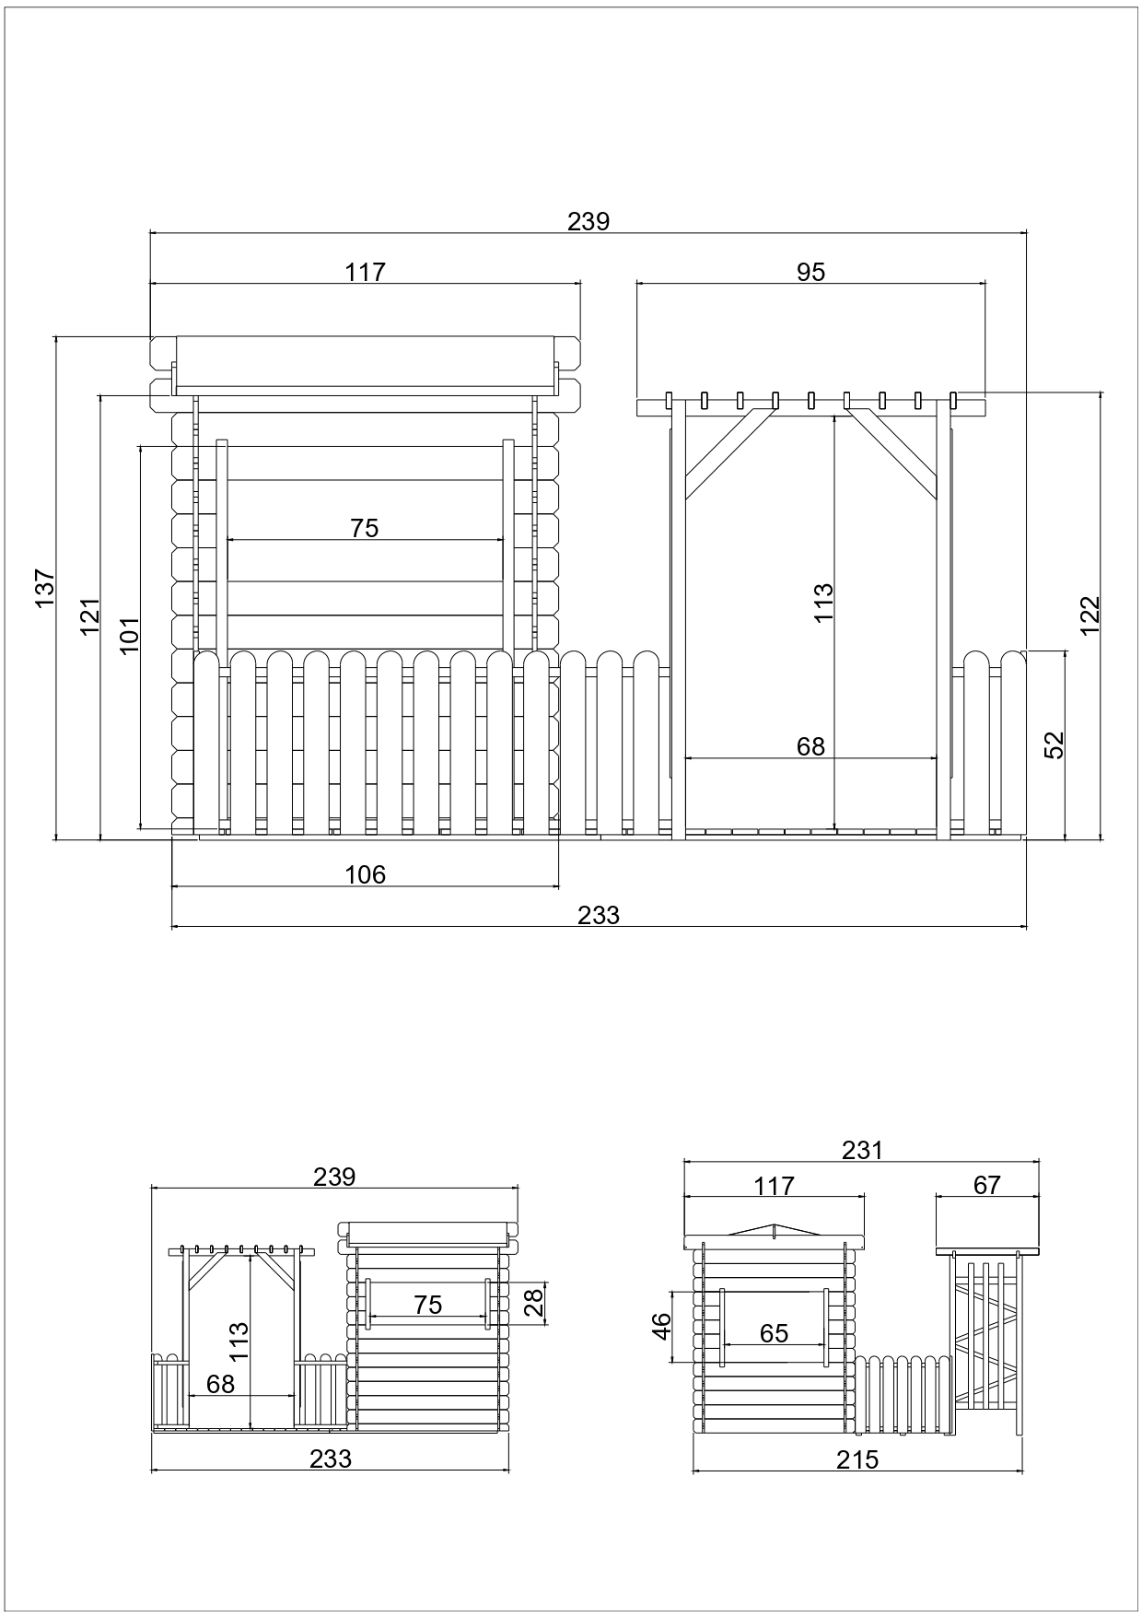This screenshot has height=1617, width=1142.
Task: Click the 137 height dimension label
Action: [x=45, y=588]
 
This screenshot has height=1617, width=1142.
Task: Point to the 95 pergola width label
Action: [x=811, y=272]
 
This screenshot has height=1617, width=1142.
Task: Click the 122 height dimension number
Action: [x=1090, y=615]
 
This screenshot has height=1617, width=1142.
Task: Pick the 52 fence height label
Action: [x=1055, y=744]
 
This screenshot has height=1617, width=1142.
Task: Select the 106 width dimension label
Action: [x=366, y=874]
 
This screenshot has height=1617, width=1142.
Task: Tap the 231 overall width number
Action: [x=862, y=1150]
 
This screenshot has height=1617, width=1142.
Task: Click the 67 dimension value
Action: [x=986, y=1185]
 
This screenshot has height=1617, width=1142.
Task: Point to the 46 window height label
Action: [x=661, y=1326]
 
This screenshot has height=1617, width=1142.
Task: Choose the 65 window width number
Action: [x=775, y=1333]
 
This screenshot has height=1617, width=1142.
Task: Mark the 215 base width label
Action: [x=858, y=1459]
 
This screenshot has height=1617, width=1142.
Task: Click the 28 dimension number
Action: [x=534, y=1304]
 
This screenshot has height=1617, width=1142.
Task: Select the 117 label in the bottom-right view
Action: [x=774, y=1186]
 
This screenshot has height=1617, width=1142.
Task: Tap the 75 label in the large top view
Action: [x=365, y=528]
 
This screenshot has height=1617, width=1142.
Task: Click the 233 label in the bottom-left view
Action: [x=331, y=1459]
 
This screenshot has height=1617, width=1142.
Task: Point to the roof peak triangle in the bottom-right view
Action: [x=775, y=1230]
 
